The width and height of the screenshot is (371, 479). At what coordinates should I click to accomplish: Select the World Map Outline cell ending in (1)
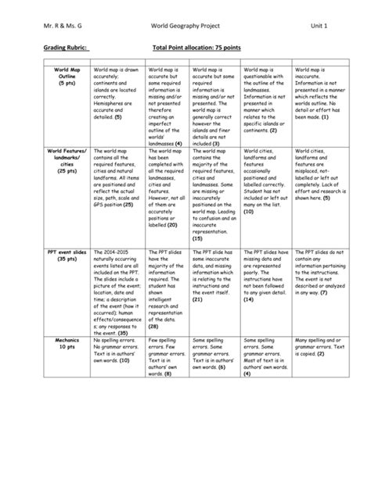pos(317,90)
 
